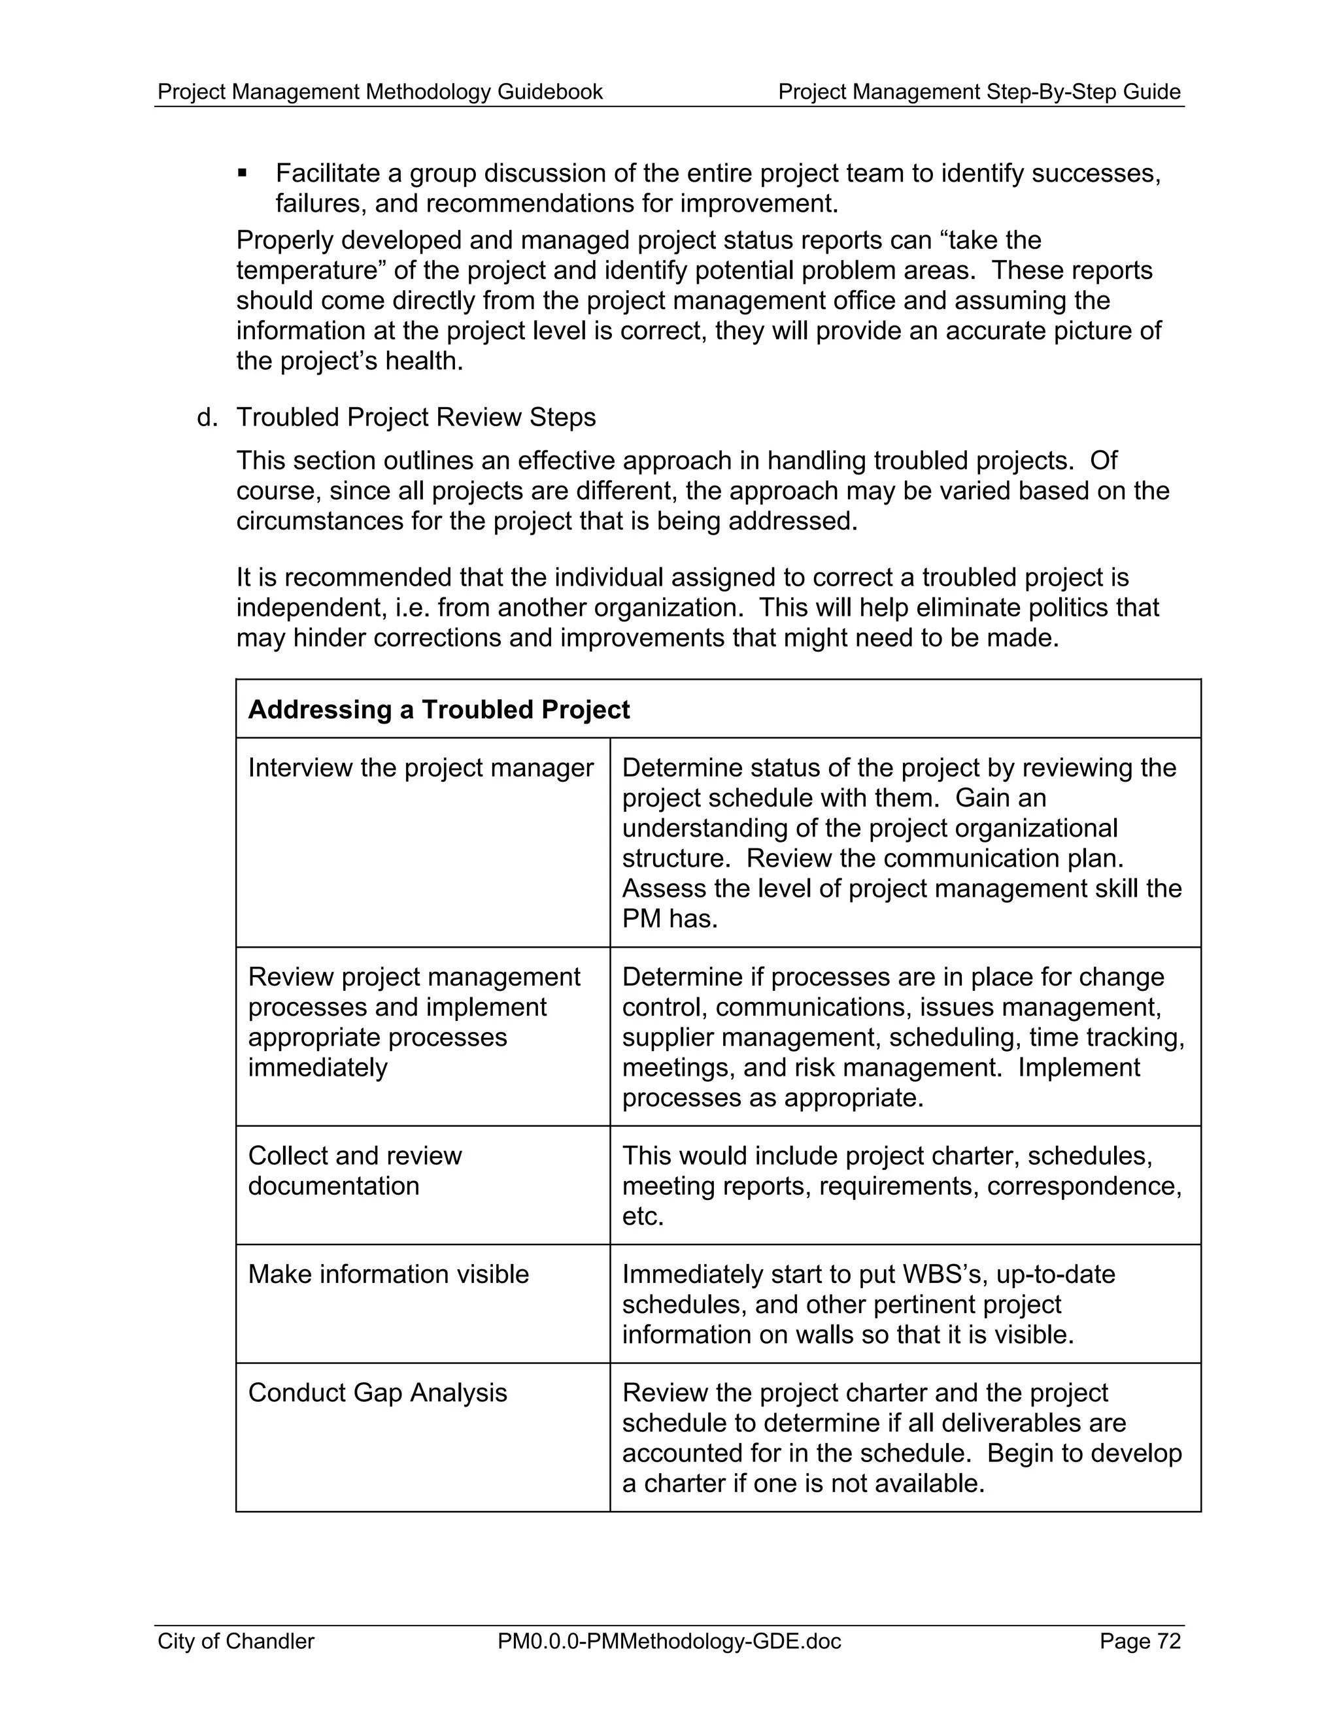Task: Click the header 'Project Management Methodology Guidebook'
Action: pyautogui.click(x=380, y=92)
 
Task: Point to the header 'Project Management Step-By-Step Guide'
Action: pyautogui.click(x=979, y=92)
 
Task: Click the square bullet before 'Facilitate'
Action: pyautogui.click(x=243, y=172)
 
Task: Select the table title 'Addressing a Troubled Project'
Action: pyautogui.click(x=439, y=709)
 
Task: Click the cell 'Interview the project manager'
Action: pyautogui.click(x=420, y=768)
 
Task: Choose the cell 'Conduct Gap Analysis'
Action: pyautogui.click(x=378, y=1393)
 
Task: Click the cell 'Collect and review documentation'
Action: pyautogui.click(x=354, y=1171)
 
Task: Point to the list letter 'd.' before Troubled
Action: pyautogui.click(x=207, y=417)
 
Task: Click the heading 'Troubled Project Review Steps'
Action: pyautogui.click(x=416, y=417)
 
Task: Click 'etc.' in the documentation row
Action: pyautogui.click(x=643, y=1216)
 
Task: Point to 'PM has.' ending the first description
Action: pyautogui.click(x=669, y=918)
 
